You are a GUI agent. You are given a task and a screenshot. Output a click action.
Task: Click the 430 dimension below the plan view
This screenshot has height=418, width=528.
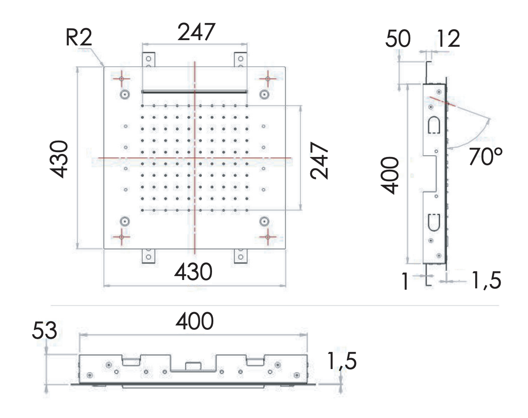(193, 273)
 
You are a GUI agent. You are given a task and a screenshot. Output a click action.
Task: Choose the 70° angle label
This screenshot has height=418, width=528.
(486, 157)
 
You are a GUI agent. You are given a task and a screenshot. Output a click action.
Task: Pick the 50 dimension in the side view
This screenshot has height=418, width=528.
(398, 39)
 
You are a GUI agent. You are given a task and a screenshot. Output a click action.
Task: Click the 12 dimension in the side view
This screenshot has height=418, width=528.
(449, 39)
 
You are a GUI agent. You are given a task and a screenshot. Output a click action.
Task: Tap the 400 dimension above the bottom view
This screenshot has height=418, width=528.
(194, 322)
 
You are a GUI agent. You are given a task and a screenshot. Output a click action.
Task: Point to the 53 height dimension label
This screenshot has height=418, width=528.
(45, 332)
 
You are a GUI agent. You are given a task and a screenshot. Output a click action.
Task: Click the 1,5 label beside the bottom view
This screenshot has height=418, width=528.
(342, 362)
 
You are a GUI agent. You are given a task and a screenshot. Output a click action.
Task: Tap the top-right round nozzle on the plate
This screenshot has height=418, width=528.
(264, 94)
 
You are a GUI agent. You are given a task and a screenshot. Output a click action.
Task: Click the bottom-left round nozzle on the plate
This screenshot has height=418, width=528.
(125, 221)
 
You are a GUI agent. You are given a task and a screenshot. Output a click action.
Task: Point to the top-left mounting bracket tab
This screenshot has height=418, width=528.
(149, 60)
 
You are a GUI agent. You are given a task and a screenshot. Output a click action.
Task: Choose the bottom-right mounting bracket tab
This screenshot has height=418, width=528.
(240, 256)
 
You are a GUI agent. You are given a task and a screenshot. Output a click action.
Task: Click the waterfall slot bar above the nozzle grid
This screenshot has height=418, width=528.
(194, 92)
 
